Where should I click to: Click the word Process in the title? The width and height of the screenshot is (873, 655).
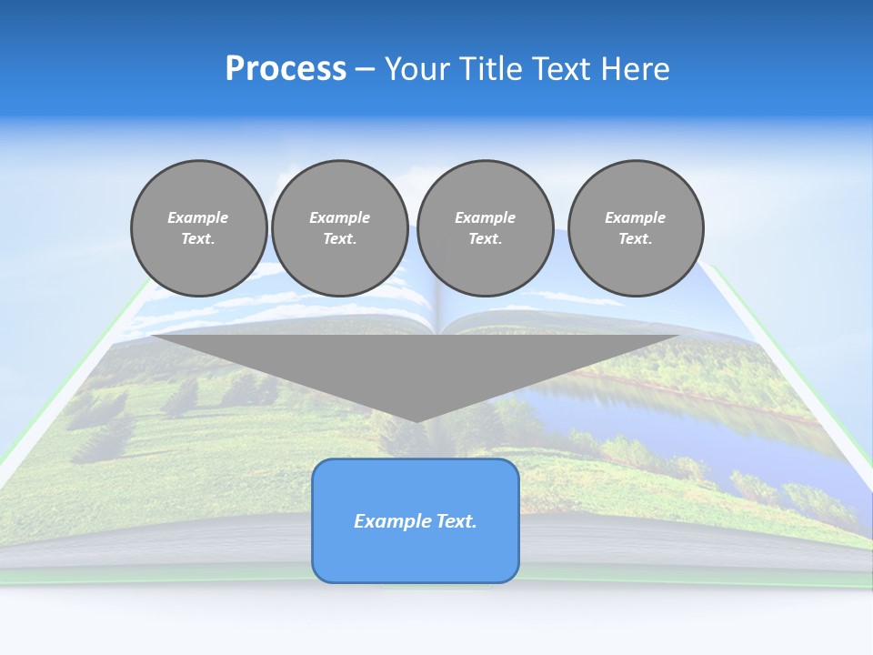[286, 69]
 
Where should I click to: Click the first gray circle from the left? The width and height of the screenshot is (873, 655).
[198, 228]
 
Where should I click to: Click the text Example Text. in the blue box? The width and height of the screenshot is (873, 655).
[416, 521]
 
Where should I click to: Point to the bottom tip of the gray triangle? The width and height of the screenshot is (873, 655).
[416, 419]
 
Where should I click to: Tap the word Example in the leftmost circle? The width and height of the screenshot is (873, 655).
[198, 217]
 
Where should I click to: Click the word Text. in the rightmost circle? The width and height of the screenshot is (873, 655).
[635, 238]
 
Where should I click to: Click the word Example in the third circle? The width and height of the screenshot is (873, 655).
[485, 217]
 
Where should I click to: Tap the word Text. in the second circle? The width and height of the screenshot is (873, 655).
[339, 238]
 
